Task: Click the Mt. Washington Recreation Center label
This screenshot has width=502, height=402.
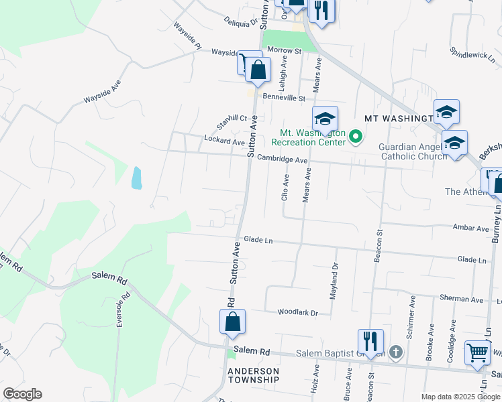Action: (x=309, y=137)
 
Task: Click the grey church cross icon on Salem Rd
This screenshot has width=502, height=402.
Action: (x=396, y=352)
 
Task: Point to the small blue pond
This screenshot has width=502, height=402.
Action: (x=137, y=178)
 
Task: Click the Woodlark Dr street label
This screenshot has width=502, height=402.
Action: (x=297, y=312)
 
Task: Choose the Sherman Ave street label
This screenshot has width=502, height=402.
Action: (x=461, y=299)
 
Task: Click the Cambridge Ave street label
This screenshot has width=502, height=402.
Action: (x=283, y=160)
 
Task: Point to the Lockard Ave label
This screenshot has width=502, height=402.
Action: (x=224, y=141)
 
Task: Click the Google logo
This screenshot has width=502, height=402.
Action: (x=22, y=394)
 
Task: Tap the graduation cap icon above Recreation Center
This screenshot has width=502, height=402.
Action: (x=325, y=119)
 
